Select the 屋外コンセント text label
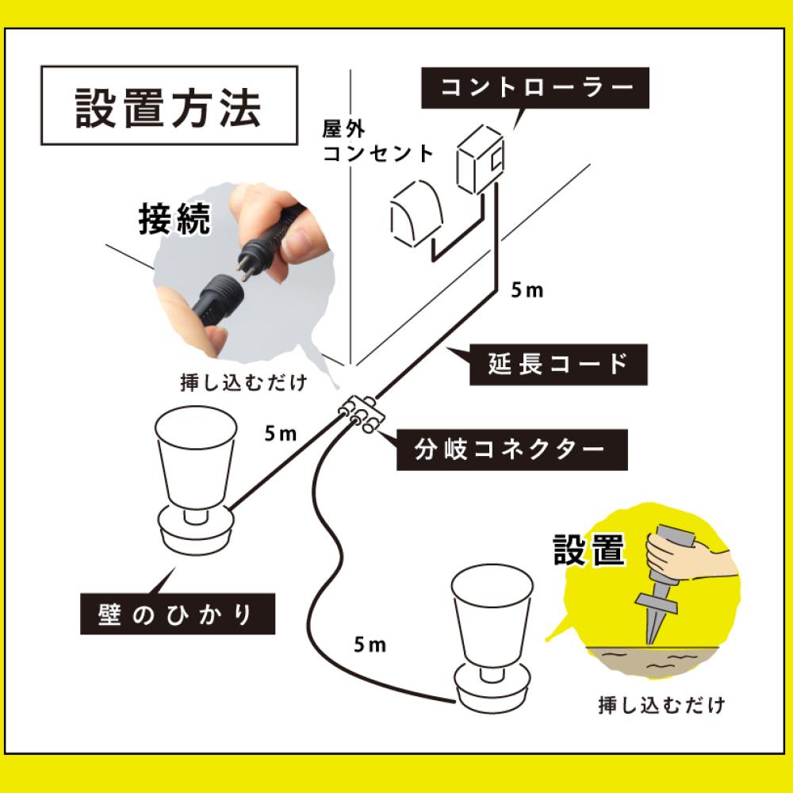[x=377, y=141]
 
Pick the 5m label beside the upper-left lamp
[x=281, y=433]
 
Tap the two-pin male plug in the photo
[x=252, y=259]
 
